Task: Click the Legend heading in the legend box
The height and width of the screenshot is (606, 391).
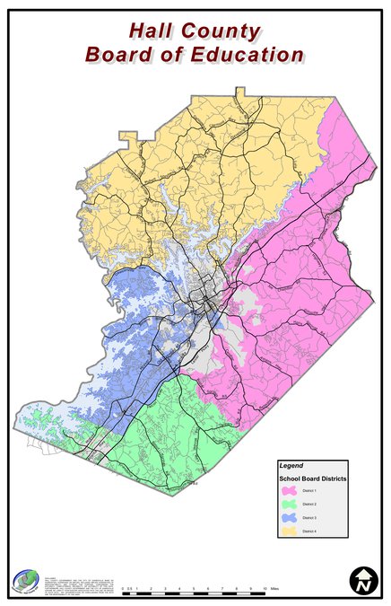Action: (x=291, y=466)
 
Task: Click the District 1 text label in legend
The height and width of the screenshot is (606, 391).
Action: (x=310, y=492)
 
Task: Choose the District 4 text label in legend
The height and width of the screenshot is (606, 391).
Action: (x=310, y=532)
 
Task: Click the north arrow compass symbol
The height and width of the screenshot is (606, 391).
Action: (x=361, y=580)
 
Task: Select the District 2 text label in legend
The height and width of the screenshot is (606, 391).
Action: (x=310, y=505)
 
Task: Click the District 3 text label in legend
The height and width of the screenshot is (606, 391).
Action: (x=310, y=519)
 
